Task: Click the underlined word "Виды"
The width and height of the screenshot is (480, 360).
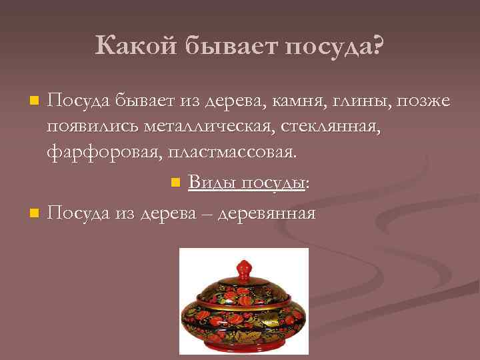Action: [211, 183]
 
